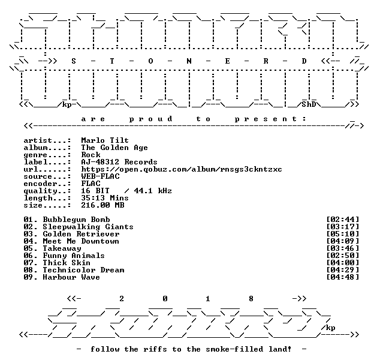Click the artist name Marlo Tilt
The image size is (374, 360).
(105, 140)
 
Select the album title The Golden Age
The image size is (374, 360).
(114, 148)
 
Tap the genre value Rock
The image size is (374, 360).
(91, 155)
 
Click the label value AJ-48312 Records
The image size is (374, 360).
(119, 162)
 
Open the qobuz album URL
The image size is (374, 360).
(181, 169)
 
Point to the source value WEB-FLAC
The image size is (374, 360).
(100, 176)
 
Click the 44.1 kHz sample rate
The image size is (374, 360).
(153, 191)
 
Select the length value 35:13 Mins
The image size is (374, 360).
(105, 197)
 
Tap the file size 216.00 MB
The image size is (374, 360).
(102, 205)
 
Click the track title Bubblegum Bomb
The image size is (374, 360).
(76, 220)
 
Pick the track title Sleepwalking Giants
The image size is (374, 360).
(88, 227)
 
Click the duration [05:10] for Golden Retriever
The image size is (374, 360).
(342, 234)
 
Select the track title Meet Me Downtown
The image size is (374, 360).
(81, 241)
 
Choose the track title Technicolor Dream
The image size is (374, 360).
(83, 270)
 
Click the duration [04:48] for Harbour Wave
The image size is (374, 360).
(342, 277)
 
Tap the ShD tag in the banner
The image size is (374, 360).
(309, 104)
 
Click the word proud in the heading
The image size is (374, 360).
(150, 119)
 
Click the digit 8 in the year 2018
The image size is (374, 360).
(251, 298)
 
